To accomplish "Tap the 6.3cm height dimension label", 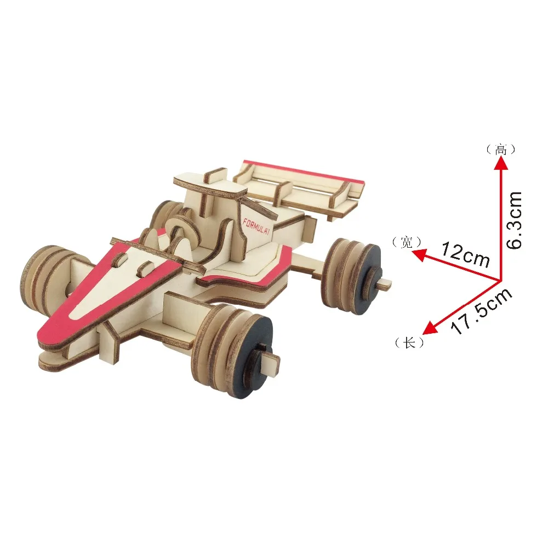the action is pos(514,220).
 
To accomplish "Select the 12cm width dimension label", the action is pos(465,254).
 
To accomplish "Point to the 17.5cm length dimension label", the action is pos(482,311).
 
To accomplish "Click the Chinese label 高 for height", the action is pos(501,150).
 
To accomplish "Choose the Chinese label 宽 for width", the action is pos(407,242).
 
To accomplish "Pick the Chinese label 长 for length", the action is pos(409,343).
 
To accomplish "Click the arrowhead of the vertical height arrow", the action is pos(501,163).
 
